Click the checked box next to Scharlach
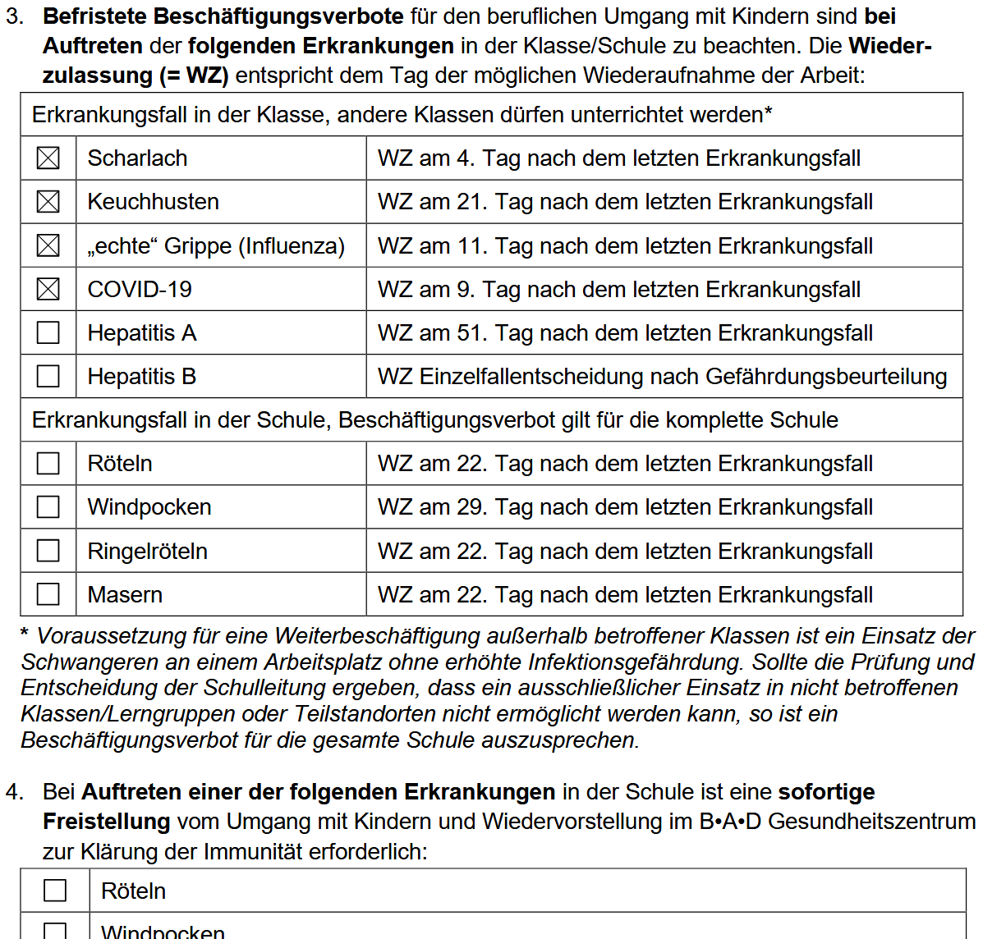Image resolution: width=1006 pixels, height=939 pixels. click(x=48, y=158)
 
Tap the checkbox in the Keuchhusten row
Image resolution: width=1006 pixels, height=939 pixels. click(x=48, y=201)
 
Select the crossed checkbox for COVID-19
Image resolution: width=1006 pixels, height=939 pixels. click(x=48, y=289)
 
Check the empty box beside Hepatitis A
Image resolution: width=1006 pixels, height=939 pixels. click(x=48, y=332)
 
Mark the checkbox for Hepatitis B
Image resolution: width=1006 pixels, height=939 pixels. click(x=48, y=376)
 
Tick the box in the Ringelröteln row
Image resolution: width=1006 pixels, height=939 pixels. click(x=48, y=551)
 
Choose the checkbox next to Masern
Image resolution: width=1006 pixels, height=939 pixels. click(x=48, y=594)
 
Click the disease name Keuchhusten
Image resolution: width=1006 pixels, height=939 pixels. click(x=153, y=202)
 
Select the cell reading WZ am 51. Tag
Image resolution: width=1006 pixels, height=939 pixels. click(x=625, y=333)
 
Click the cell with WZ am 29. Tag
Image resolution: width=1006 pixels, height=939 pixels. click(x=625, y=507)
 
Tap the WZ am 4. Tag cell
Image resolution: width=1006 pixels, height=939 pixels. click(x=618, y=158)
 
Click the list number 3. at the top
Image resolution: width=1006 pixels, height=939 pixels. click(x=14, y=16)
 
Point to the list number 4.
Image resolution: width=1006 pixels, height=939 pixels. click(x=14, y=792)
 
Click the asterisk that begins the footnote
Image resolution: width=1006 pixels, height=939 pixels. click(x=25, y=634)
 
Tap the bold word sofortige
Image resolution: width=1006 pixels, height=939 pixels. click(x=826, y=792)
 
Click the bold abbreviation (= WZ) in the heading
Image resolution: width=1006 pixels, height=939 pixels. click(x=195, y=76)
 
